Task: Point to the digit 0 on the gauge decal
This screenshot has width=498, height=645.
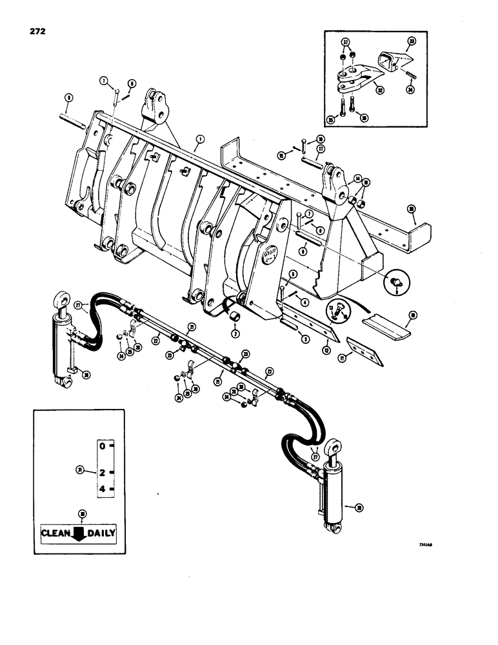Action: click(x=101, y=445)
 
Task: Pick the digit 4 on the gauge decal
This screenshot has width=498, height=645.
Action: click(x=101, y=489)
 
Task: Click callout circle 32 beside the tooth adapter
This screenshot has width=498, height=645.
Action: click(x=390, y=91)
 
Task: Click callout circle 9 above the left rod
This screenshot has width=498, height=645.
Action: click(x=70, y=97)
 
